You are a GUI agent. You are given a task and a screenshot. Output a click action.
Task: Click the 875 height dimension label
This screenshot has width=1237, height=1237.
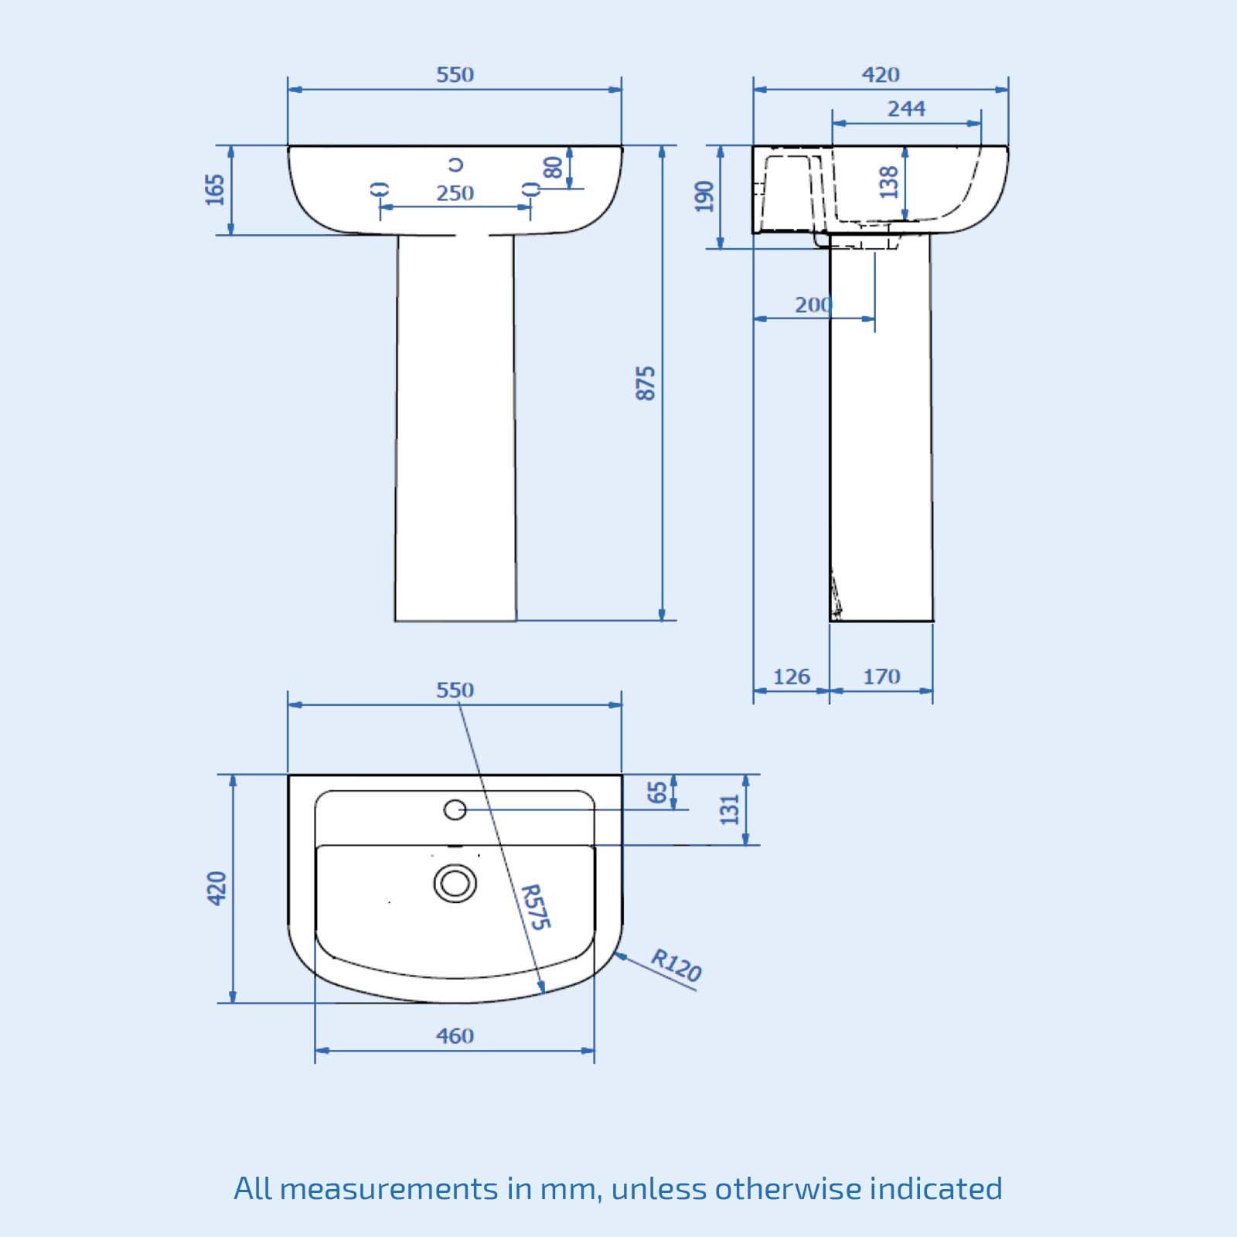[646, 383]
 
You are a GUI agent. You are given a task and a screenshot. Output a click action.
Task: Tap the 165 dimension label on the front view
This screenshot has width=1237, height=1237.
[215, 189]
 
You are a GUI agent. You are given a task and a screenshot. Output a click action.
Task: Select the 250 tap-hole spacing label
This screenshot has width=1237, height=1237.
[455, 193]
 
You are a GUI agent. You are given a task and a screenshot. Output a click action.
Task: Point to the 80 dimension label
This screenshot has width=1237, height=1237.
[553, 167]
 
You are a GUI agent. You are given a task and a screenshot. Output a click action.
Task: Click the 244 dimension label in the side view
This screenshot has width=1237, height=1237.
[906, 109]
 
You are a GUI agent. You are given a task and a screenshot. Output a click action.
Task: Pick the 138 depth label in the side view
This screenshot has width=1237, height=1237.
[889, 182]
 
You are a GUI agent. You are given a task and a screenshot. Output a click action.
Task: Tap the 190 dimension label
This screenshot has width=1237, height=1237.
[704, 196]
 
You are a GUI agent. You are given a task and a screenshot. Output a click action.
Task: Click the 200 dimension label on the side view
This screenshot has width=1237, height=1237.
[813, 305]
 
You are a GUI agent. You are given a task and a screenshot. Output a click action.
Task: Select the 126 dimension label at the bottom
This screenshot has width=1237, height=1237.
[792, 677]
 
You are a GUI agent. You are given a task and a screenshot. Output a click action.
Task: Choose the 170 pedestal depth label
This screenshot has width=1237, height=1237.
[881, 677]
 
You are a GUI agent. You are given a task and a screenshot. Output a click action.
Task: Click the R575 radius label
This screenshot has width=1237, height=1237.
[535, 907]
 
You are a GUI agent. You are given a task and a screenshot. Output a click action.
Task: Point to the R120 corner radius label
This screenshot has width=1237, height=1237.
[676, 966]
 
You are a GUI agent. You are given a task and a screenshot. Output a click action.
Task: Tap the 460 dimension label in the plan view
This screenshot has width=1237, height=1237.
[455, 1036]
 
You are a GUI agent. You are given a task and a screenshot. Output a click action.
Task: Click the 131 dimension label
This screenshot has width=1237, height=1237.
[730, 809]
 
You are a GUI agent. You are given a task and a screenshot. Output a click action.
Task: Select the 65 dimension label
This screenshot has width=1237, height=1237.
[657, 792]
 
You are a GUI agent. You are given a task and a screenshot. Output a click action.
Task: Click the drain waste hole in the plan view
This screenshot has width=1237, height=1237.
[455, 883]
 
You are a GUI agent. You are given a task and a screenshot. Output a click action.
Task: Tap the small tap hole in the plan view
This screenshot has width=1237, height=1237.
[455, 809]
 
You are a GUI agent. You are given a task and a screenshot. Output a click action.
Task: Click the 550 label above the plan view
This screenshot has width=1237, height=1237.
[455, 690]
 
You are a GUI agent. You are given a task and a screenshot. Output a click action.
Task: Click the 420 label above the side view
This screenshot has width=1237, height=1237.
[881, 75]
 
